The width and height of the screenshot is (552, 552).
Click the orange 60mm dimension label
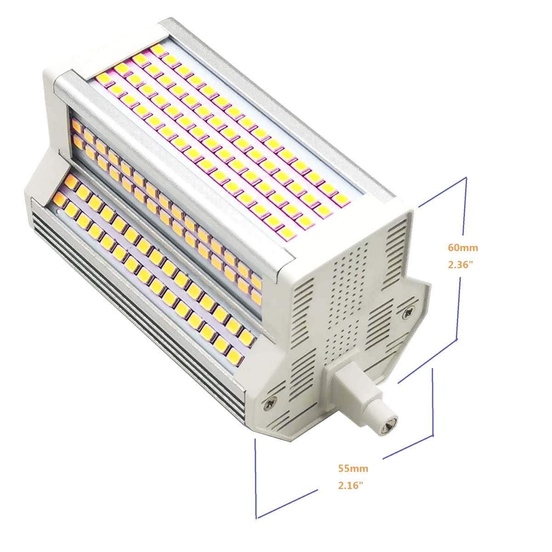point(463,247)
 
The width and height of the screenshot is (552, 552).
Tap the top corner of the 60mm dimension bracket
point(466,177)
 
